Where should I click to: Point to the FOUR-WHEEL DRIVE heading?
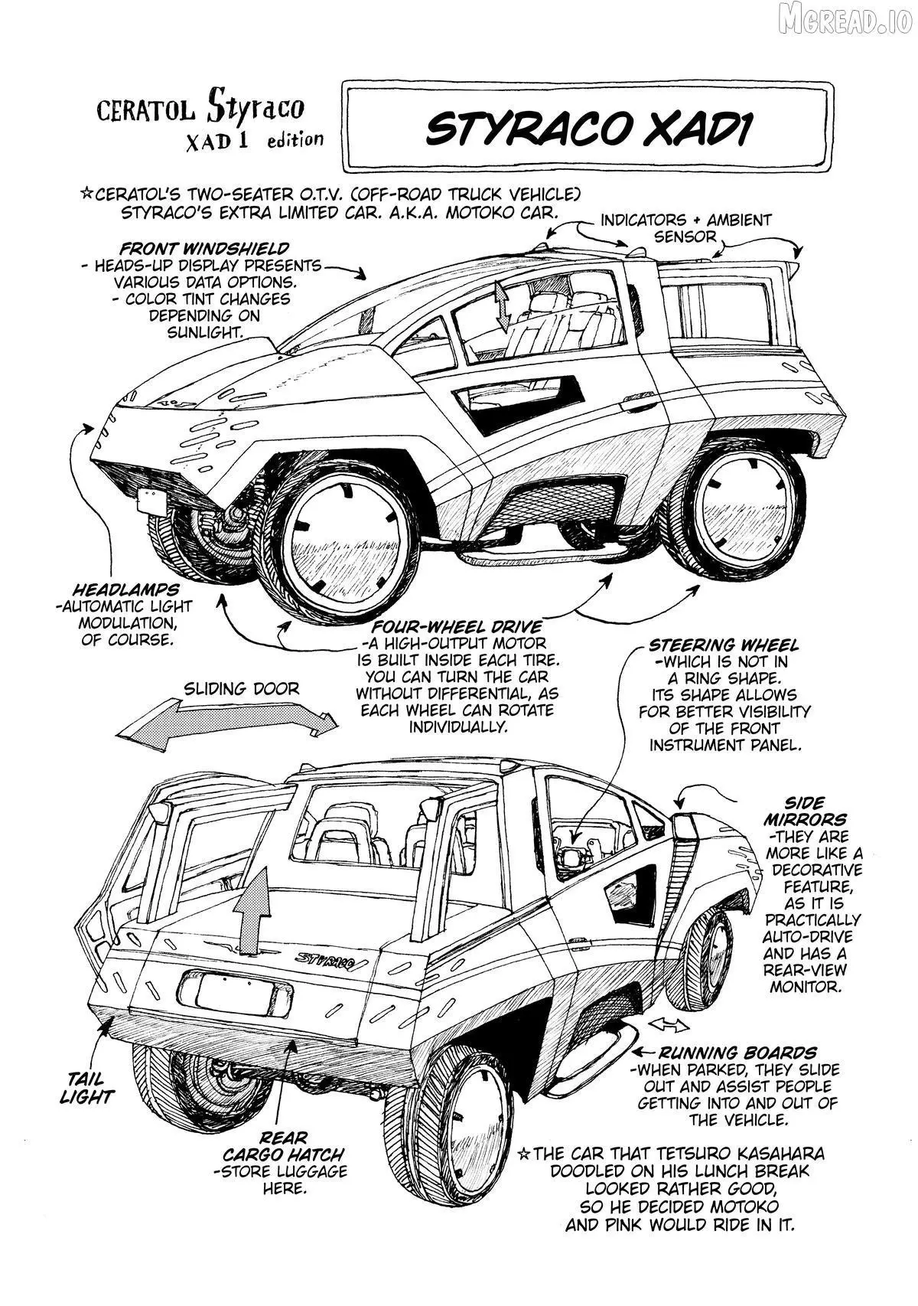457,627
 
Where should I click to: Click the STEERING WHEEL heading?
724,645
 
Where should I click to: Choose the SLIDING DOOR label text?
241,688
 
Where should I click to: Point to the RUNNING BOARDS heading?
737,1053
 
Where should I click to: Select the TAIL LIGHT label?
86,1087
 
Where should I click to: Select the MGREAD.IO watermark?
844,21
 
